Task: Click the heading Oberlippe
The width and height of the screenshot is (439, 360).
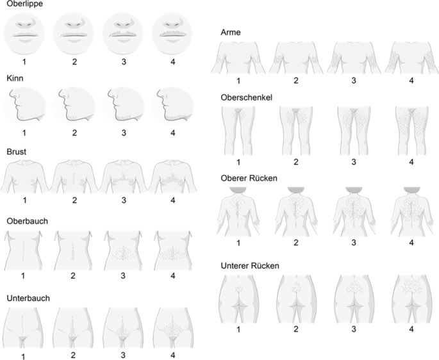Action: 24,4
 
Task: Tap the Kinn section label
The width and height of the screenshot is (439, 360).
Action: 15,78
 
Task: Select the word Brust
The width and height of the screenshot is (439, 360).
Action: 17,152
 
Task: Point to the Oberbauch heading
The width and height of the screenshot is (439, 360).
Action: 27,221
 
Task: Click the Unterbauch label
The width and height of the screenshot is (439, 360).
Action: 28,298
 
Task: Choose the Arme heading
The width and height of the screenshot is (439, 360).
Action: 231,32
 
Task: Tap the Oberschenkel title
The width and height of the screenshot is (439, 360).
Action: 246,97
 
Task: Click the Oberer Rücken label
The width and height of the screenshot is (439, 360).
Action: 249,178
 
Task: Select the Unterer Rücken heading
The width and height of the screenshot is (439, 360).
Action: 250,265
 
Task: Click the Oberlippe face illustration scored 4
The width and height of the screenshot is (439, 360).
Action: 172,33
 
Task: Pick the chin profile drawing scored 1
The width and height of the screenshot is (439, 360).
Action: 24,106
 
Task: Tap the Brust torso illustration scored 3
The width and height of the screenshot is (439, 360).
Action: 124,177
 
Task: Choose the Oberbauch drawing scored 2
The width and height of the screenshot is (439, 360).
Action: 73,250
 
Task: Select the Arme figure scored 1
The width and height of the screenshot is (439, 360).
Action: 238,58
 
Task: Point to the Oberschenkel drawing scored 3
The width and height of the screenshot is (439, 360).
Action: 354,131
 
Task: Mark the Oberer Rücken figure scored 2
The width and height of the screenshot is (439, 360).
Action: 296,212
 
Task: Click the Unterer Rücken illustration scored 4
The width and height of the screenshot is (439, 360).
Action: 411,299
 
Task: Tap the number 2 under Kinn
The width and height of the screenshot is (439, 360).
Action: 74,133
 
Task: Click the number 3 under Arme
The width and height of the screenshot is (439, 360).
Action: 354,81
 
